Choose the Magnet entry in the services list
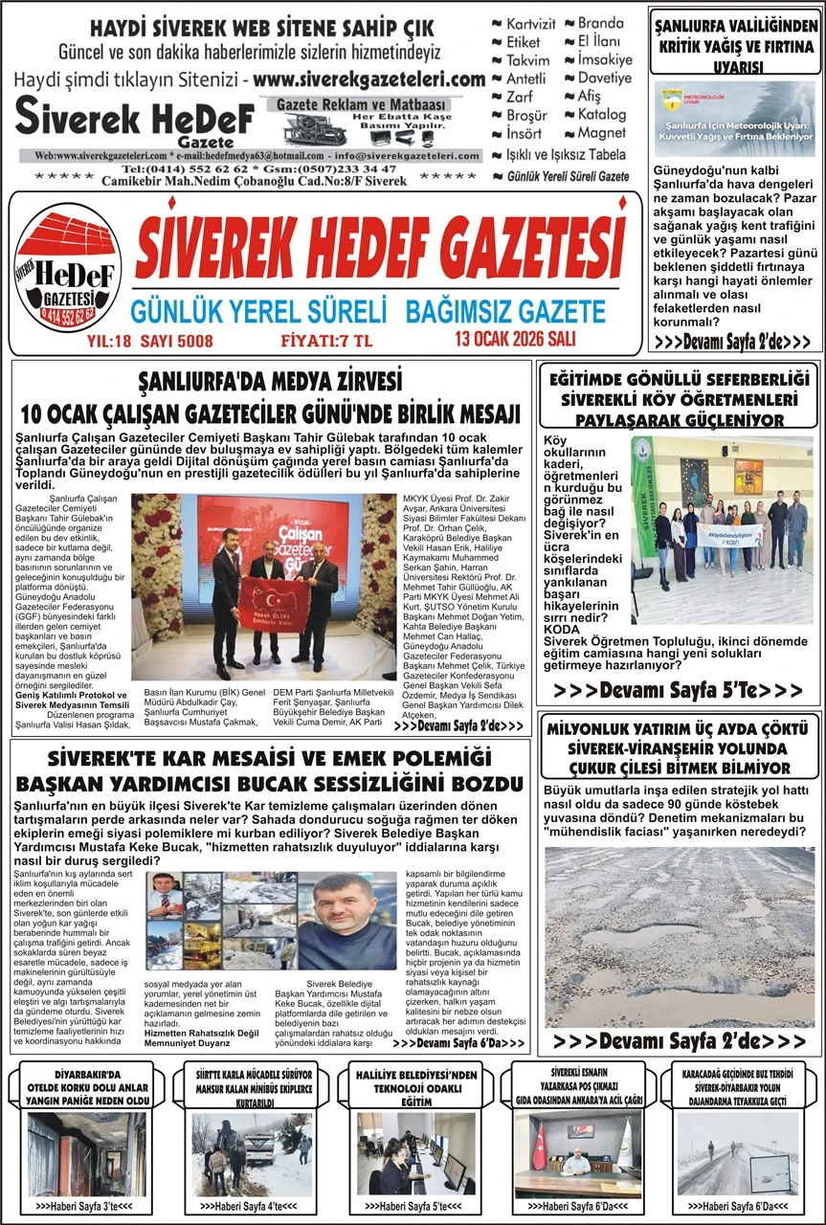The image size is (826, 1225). (601, 133)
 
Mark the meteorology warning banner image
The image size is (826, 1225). (734, 119)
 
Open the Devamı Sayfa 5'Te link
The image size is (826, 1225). (679, 690)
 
